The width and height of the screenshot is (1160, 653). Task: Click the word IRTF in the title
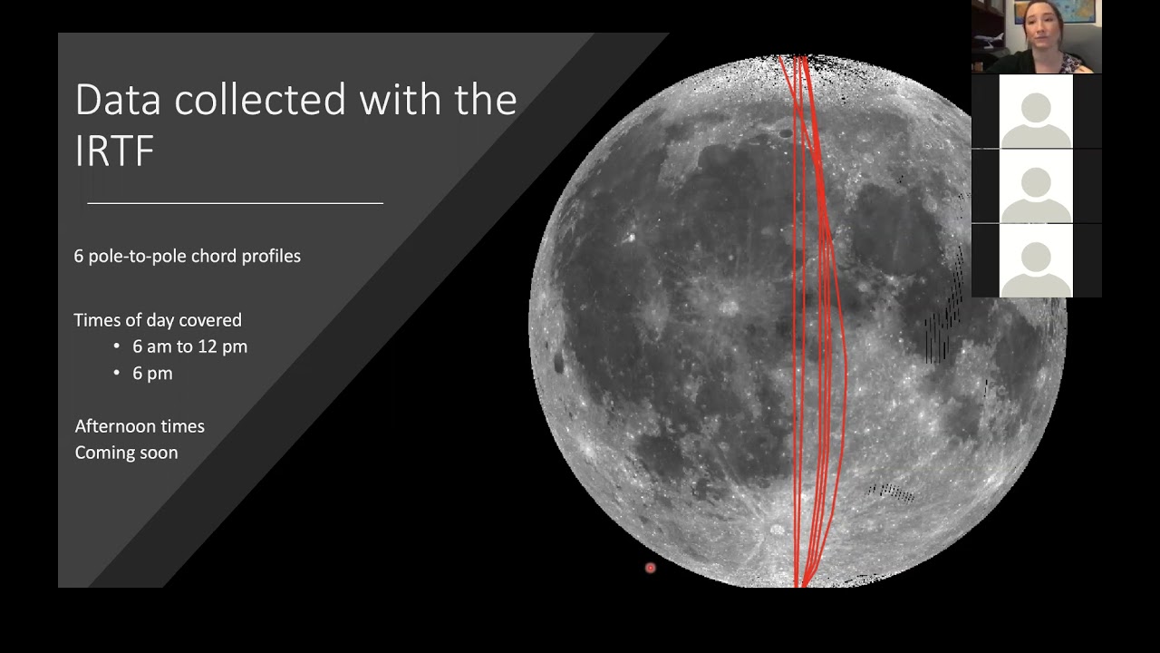click(x=114, y=151)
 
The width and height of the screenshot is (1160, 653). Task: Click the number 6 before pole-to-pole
click(x=79, y=257)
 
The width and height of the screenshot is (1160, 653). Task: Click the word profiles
click(x=271, y=257)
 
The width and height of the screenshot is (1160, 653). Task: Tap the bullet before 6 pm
click(x=117, y=374)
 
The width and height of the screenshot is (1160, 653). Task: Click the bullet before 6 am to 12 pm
click(x=117, y=346)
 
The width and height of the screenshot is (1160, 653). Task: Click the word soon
click(x=159, y=453)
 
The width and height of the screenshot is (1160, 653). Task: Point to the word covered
click(x=211, y=320)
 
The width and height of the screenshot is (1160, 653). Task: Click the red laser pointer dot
click(x=650, y=568)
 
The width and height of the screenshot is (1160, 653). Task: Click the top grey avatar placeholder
click(x=1036, y=112)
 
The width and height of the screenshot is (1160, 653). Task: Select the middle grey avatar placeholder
click(x=1036, y=187)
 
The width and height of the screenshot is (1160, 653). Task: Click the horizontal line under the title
click(x=235, y=203)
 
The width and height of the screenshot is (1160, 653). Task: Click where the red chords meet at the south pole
click(x=800, y=582)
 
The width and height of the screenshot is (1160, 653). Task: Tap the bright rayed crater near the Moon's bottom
click(x=777, y=529)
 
